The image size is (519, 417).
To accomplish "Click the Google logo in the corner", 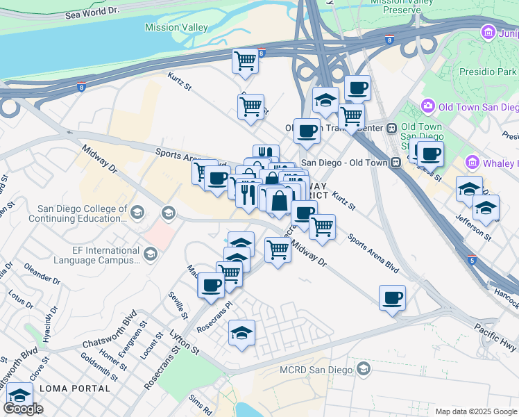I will (23, 409).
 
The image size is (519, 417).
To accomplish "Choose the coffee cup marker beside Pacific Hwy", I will (393, 297).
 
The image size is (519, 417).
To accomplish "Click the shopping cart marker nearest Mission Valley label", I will (246, 60).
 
